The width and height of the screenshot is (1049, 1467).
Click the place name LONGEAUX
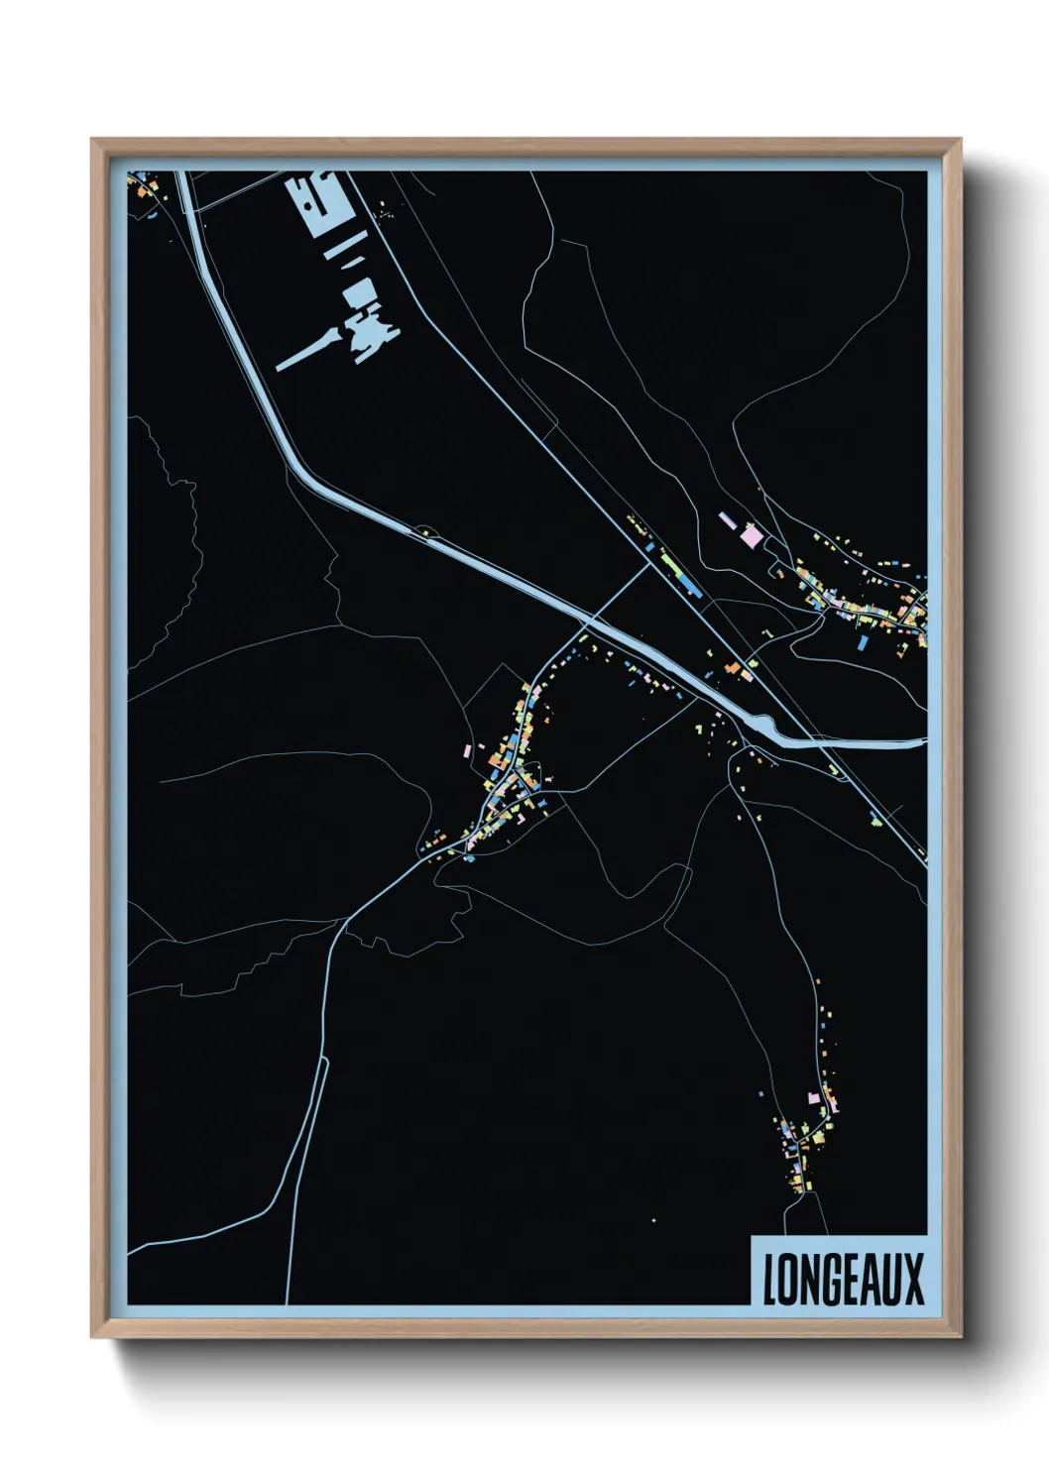point(843,1278)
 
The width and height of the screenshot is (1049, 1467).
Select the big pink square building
point(753,536)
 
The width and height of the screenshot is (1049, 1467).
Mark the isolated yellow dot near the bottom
point(653,1219)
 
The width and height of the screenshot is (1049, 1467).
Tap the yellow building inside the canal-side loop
point(425,533)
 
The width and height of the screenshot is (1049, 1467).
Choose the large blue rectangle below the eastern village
point(862,643)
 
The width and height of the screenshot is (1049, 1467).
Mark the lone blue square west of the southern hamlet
point(761,1093)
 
